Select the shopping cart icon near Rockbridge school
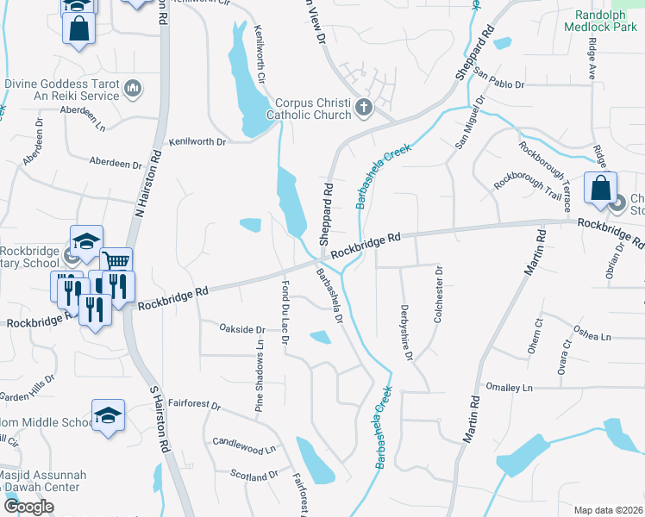pos(116,261)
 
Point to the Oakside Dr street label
pos(241,329)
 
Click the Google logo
pos(28,507)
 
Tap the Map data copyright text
pos(608,510)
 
